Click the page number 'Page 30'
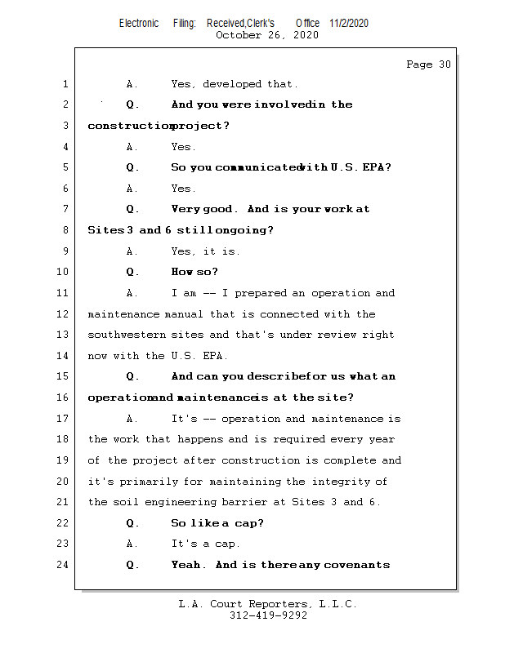click(x=428, y=64)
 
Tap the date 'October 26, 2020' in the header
click(x=267, y=35)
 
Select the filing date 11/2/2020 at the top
click(x=349, y=23)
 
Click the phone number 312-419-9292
click(x=268, y=615)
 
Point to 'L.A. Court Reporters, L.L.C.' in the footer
click(x=268, y=604)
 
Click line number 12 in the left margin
click(x=64, y=314)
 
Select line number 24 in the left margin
click(x=64, y=565)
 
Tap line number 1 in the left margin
click(x=66, y=84)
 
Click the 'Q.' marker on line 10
click(x=133, y=272)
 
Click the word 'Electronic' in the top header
click(x=139, y=23)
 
